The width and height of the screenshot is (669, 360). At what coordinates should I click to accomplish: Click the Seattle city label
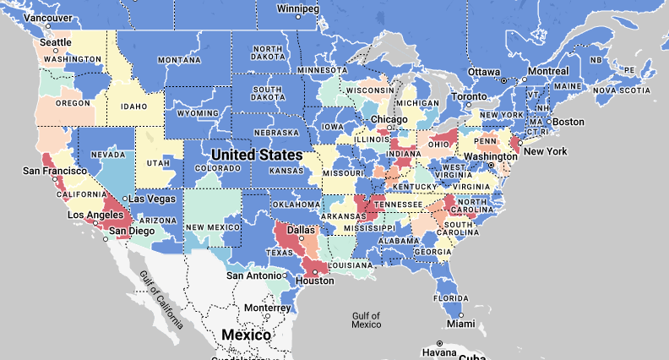click(x=57, y=42)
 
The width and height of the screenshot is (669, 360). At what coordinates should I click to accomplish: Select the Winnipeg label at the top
click(x=298, y=8)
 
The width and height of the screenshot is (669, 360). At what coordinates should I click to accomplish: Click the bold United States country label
click(x=256, y=155)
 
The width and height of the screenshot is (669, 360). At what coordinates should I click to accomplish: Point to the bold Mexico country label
click(x=246, y=335)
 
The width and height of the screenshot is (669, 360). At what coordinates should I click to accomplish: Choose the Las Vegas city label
click(x=152, y=199)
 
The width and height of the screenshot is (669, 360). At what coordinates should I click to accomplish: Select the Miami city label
click(x=461, y=324)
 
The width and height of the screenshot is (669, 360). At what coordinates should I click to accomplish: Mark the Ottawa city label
click(x=484, y=71)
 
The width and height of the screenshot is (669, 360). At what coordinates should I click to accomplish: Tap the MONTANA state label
click(x=179, y=60)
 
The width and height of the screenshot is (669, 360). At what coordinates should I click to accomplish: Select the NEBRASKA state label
click(x=276, y=133)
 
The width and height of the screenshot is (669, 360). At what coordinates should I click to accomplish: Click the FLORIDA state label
click(x=450, y=297)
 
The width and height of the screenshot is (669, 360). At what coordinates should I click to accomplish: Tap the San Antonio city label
click(x=253, y=275)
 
